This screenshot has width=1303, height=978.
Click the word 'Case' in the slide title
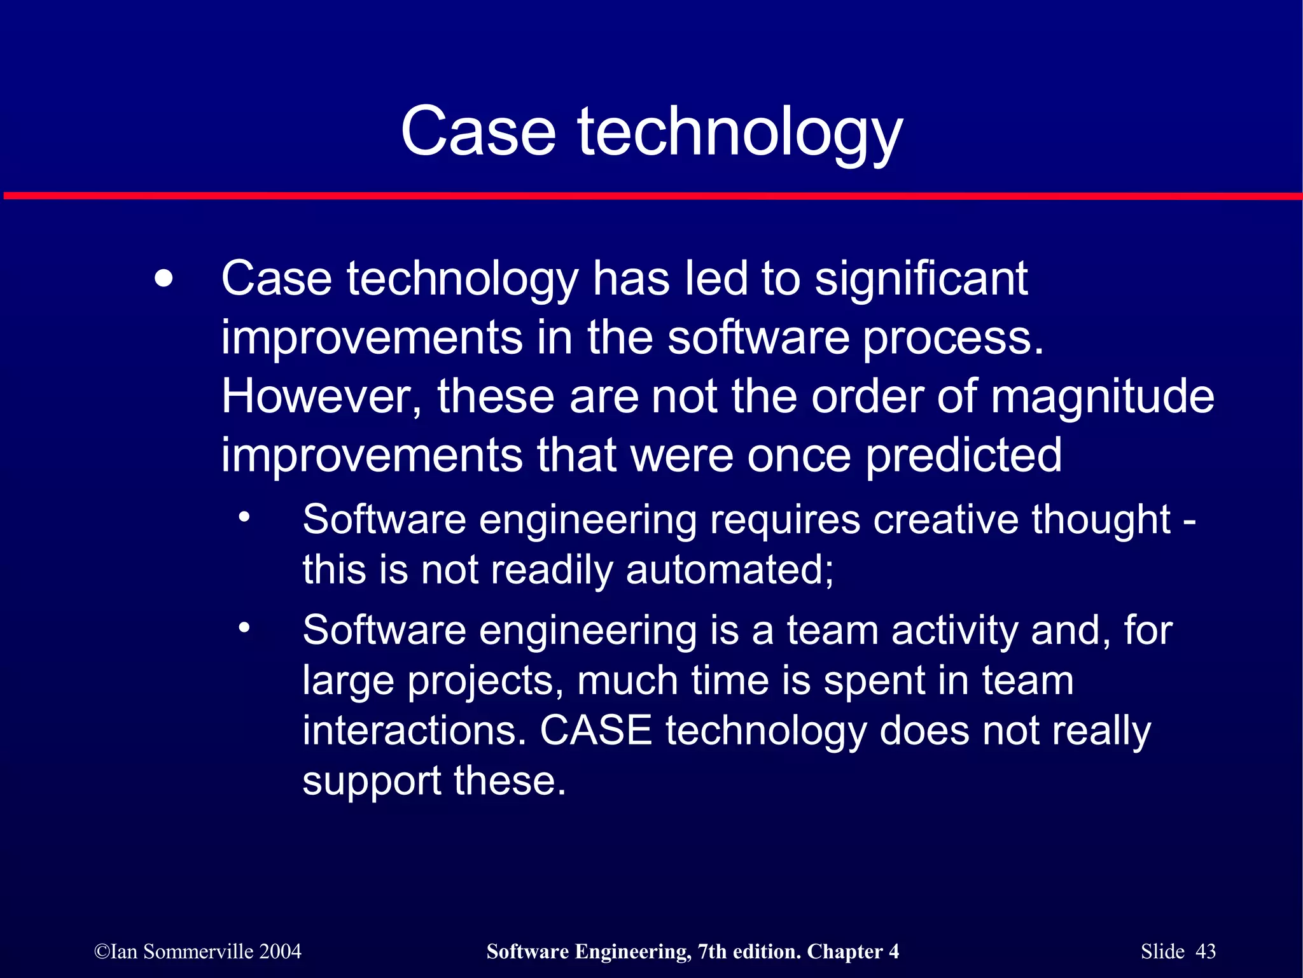click(x=478, y=132)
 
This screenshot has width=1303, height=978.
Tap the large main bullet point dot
click(x=164, y=279)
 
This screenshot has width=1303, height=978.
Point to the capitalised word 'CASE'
click(x=596, y=730)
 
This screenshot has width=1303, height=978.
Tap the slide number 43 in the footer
click(x=1206, y=951)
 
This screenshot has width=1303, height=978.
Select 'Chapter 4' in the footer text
click(x=853, y=951)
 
